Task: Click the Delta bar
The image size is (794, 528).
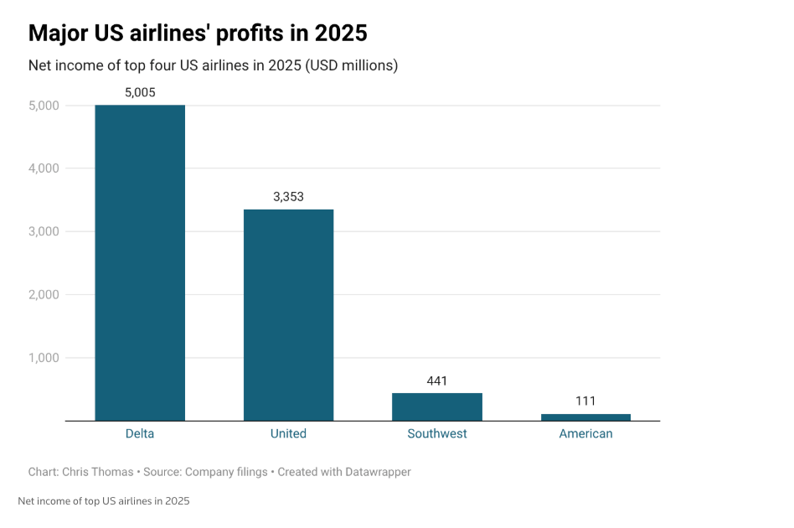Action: pos(140,262)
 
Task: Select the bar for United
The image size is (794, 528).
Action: pos(288,314)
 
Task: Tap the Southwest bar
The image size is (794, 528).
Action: pos(437,406)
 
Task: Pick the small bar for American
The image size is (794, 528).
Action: pos(585,417)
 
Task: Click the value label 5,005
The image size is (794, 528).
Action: pos(140,92)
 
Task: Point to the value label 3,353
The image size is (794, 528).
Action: pos(288,197)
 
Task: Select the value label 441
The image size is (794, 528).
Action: pos(437,380)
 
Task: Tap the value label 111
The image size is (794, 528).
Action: pos(585,401)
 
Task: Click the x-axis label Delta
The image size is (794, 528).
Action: pos(140,433)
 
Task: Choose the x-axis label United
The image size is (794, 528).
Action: pos(288,433)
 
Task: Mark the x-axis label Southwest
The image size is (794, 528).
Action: pos(437,433)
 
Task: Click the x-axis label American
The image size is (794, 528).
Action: pos(585,433)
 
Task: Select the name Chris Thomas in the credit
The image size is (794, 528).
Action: pos(97,472)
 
